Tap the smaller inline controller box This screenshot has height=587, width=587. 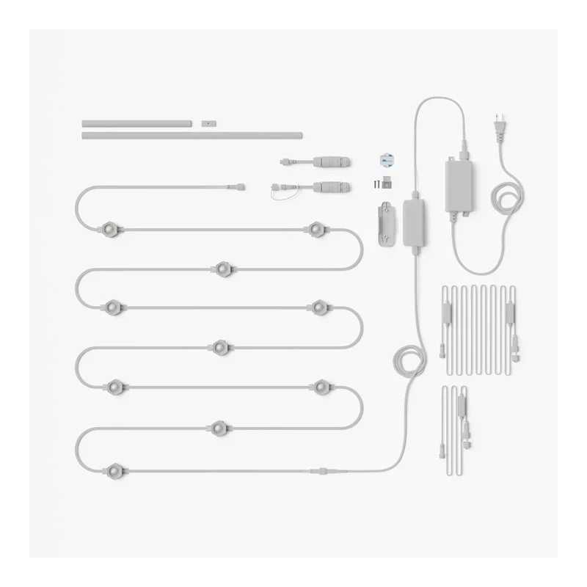pyautogui.click(x=415, y=221)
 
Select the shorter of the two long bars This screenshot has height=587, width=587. pyautogui.click(x=137, y=124)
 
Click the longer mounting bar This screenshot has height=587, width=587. pyautogui.click(x=192, y=135)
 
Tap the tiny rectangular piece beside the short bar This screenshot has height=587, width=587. pyautogui.click(x=207, y=123)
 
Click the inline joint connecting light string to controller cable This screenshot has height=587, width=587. pyautogui.click(x=324, y=469)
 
